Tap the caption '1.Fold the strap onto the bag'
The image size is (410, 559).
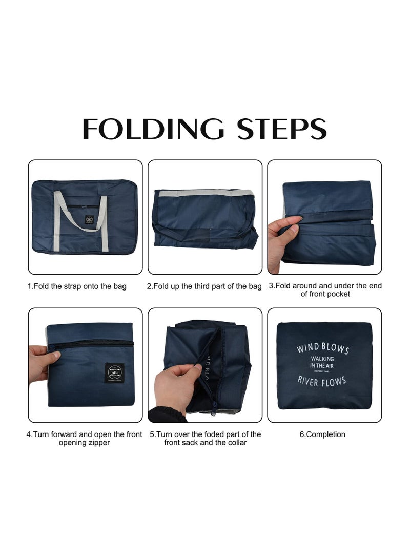pos(77,286)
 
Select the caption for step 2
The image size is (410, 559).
pos(204,286)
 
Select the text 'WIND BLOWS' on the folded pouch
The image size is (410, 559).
pos(322,349)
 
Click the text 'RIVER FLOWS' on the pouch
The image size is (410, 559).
pos(321,381)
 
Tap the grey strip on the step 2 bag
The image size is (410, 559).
pos(205,193)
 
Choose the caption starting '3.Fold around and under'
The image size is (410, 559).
pos(325,289)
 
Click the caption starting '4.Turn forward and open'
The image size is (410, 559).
pos(84,438)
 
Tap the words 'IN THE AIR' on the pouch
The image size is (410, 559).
pos(321,365)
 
